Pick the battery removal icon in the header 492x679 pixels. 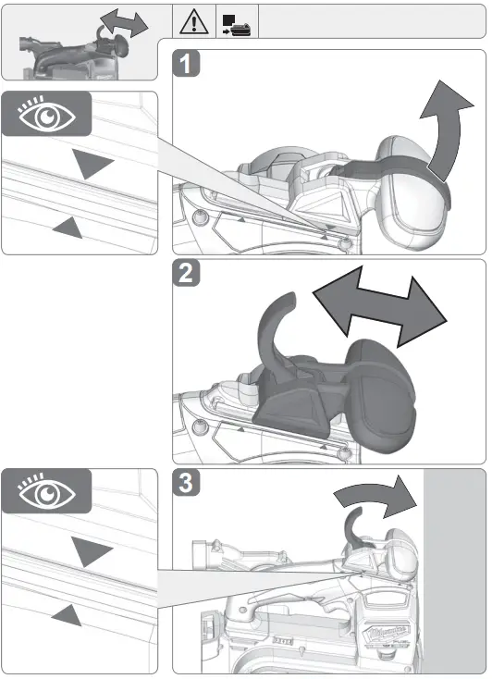[x=236, y=19]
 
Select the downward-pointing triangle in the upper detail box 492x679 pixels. [x=93, y=166]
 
